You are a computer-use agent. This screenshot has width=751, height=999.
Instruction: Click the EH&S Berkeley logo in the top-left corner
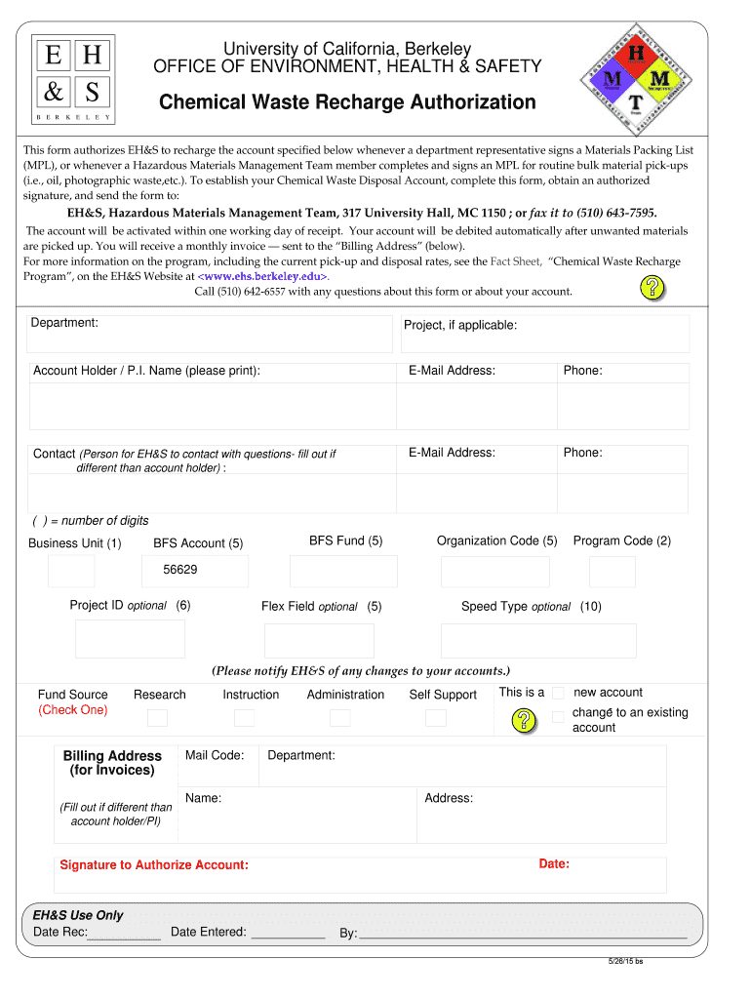pos(71,79)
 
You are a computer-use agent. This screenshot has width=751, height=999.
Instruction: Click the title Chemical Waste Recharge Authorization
pos(347,102)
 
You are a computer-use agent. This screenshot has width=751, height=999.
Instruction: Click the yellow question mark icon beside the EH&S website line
pos(652,287)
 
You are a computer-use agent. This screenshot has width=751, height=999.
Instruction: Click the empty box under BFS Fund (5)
pos(344,571)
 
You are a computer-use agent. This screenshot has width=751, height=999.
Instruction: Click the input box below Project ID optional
pos(130,639)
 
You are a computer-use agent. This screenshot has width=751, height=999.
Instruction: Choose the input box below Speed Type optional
pos(537,640)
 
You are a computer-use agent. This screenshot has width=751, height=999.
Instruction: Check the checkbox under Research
pos(158,718)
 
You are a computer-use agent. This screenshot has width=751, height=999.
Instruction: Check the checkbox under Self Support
pos(436,718)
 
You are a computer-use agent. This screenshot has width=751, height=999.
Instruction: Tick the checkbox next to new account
pos(558,693)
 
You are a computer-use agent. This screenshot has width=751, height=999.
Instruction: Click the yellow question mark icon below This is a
pos(525,720)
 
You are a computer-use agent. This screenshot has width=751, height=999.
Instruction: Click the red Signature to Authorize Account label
pos(154,865)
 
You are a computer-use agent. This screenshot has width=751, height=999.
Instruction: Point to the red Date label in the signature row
pos(554,863)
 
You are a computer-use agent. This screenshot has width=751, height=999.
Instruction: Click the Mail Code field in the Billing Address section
pos(217,766)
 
